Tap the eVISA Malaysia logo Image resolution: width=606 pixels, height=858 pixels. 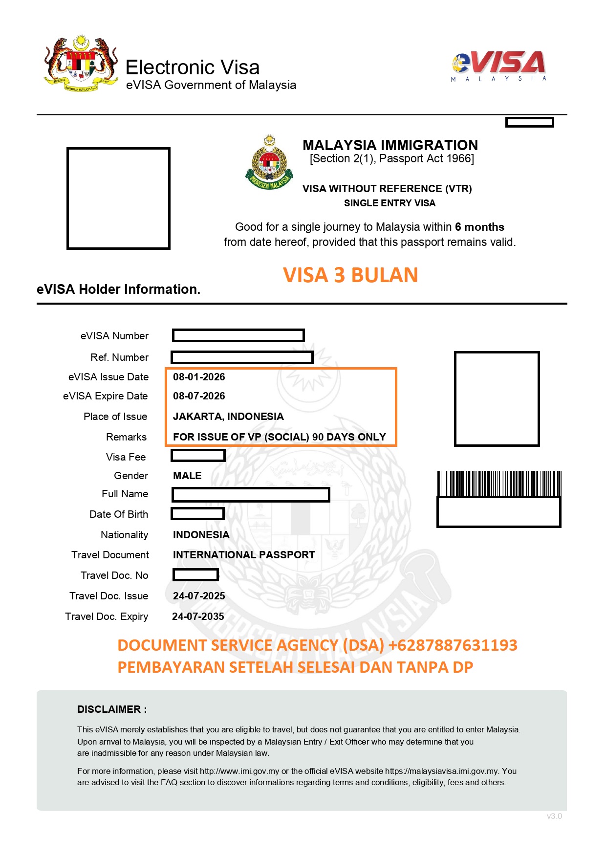[x=498, y=66]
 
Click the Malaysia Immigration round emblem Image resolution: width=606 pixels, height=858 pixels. [x=269, y=163]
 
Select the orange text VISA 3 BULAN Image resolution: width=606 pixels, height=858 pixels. [x=350, y=275]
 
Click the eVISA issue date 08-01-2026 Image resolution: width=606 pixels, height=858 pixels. [x=199, y=377]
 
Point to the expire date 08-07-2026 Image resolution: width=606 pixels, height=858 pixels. [x=199, y=396]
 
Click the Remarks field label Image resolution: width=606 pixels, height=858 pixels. [x=126, y=437]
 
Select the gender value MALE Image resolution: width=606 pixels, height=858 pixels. [x=187, y=476]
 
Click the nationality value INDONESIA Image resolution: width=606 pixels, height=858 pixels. [x=201, y=535]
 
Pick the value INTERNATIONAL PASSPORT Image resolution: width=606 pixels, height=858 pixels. [x=244, y=555]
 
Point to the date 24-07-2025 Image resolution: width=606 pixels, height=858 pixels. [x=199, y=596]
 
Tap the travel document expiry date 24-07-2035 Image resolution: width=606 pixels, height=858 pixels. [x=198, y=616]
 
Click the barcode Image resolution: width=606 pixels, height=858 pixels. [x=499, y=484]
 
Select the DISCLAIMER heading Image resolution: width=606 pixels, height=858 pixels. [x=112, y=709]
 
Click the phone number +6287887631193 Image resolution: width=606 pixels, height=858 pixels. [x=453, y=645]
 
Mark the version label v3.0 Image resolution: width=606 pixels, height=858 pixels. [x=554, y=816]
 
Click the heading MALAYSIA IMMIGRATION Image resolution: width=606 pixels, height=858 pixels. [x=390, y=145]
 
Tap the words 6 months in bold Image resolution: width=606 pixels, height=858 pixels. [x=479, y=227]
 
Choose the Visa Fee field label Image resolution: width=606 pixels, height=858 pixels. [x=126, y=457]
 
